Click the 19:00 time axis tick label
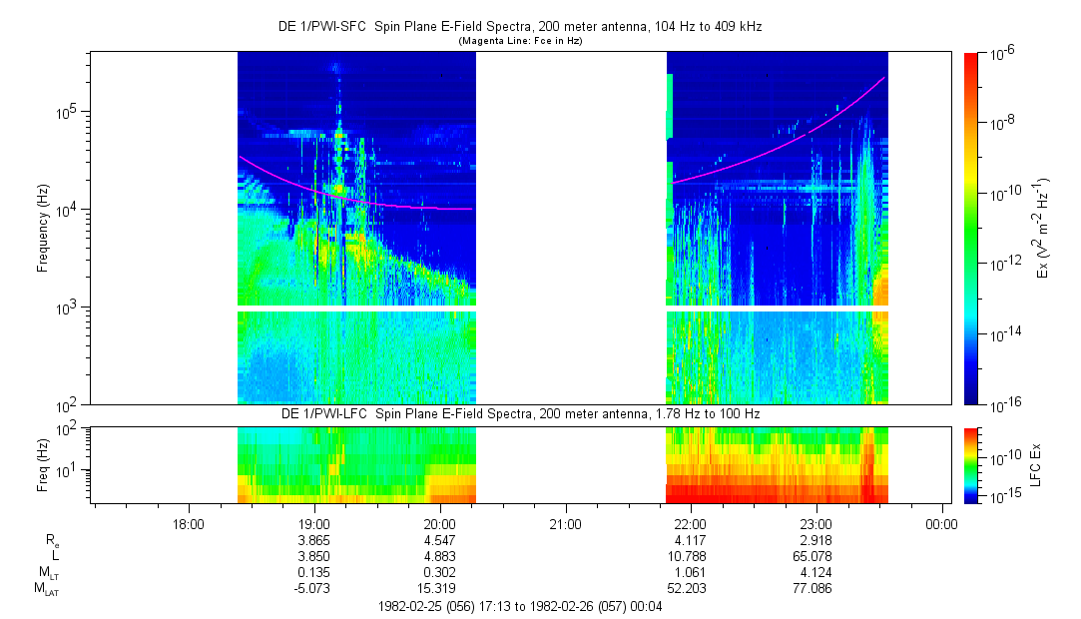314,522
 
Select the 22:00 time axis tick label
691,522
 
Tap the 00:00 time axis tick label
941,522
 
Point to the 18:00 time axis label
189,522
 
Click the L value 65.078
815,555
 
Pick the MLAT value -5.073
314,589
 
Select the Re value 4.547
440,539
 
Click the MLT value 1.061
691,572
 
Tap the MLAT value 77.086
815,589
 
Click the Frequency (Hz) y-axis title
43,229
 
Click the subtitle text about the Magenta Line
520,41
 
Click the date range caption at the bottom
520,606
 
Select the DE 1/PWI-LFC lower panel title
519,413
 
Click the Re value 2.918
815,539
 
